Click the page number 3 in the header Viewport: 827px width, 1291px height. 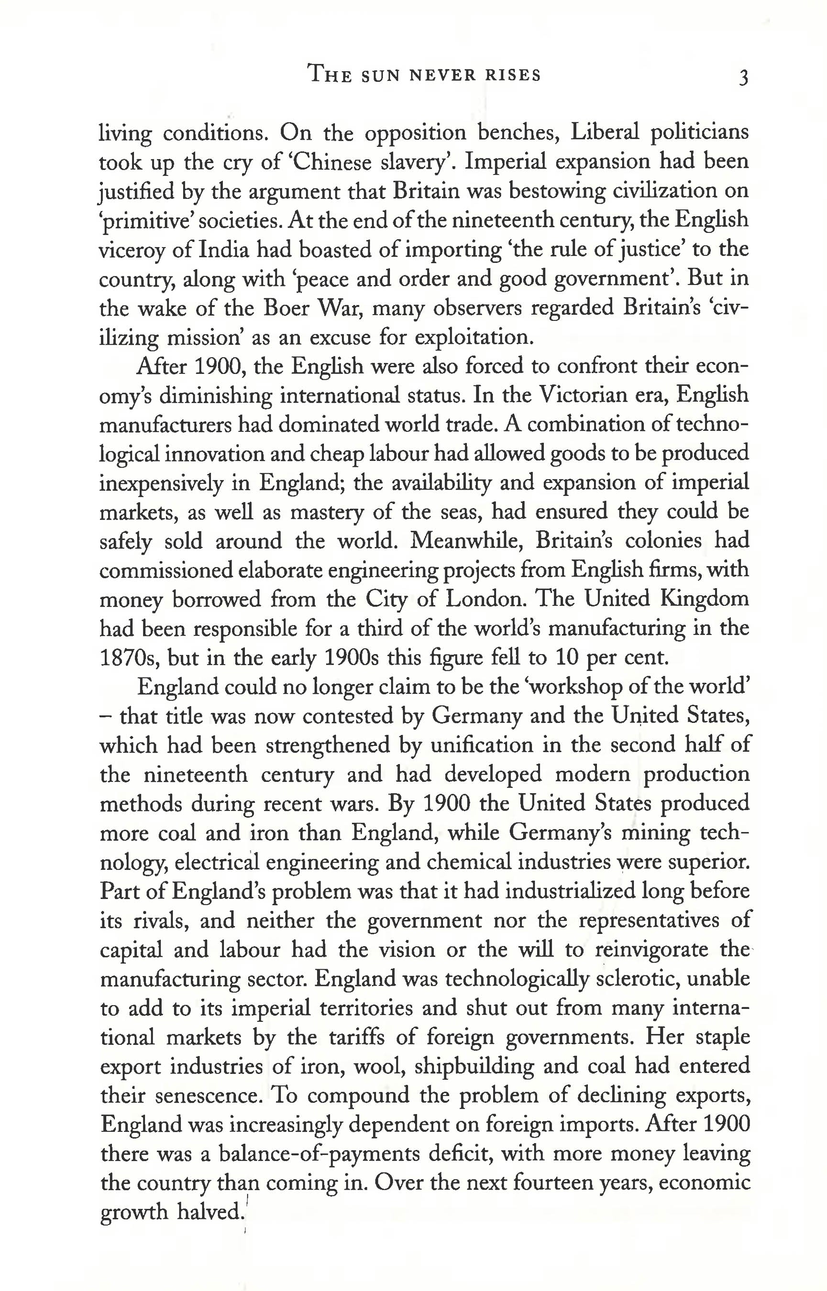point(743,78)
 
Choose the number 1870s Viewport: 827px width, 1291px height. point(128,657)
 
